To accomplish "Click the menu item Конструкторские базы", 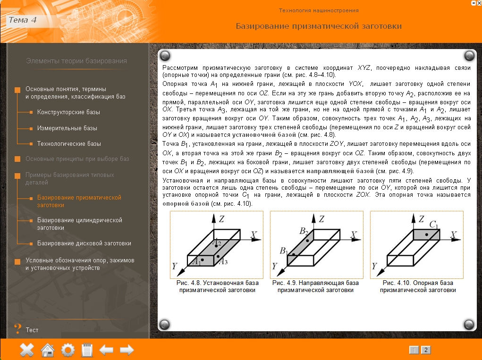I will pos(68,112).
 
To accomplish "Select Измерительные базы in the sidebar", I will pos(67,128).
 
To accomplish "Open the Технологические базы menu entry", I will pos(69,143).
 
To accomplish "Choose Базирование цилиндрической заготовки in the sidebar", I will pos(79,224).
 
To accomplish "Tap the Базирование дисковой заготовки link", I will pos(84,243).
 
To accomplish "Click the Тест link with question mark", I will pos(32,330).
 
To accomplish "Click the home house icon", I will pos(48,350).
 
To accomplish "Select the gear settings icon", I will pos(68,350).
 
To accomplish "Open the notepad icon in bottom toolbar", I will pos(87,350).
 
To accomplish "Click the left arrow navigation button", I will pos(106,350).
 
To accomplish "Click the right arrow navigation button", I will pos(127,350).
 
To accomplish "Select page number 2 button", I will pos(425,350).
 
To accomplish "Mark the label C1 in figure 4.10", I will pos(434,224).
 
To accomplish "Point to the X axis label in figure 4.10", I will pos(454,234).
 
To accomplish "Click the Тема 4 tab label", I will pos(22,20).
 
